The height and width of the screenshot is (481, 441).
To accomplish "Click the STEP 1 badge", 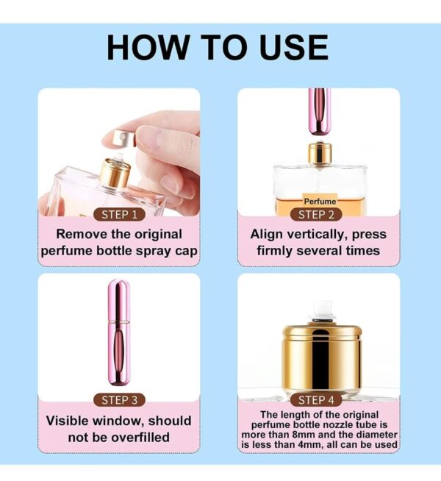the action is (x=119, y=215).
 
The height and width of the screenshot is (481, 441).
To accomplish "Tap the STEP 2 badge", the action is (x=316, y=215).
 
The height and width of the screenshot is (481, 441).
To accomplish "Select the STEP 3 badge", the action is (x=119, y=400).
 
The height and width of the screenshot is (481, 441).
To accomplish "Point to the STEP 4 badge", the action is (x=316, y=400).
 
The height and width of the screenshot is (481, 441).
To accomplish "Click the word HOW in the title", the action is (x=148, y=47).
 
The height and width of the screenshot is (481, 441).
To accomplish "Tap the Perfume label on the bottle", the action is (x=320, y=202).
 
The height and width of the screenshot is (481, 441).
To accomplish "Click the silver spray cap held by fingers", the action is (x=123, y=138).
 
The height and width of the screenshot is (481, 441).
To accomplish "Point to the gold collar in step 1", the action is (x=115, y=173).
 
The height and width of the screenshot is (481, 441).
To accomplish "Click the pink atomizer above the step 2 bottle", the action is (x=319, y=112).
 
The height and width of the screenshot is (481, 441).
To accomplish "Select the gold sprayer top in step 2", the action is (x=320, y=153).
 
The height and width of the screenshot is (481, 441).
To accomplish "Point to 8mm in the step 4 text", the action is (x=304, y=435).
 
